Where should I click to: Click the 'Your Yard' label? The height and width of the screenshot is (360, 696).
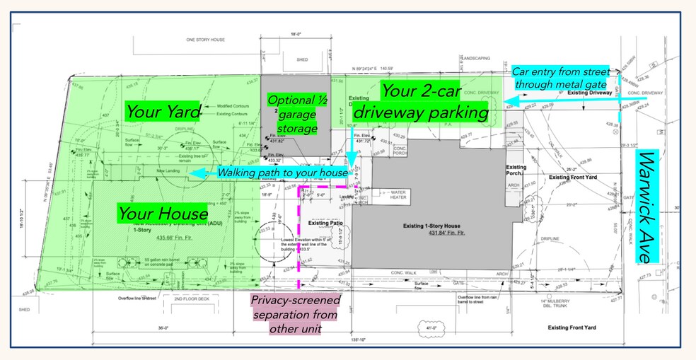(163, 111)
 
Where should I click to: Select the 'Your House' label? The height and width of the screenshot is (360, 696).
(163, 213)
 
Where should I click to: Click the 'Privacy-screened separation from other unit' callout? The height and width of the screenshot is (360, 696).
(295, 314)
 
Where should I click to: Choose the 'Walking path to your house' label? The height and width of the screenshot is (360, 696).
(282, 173)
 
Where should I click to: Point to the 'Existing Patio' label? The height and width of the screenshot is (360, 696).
(325, 223)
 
